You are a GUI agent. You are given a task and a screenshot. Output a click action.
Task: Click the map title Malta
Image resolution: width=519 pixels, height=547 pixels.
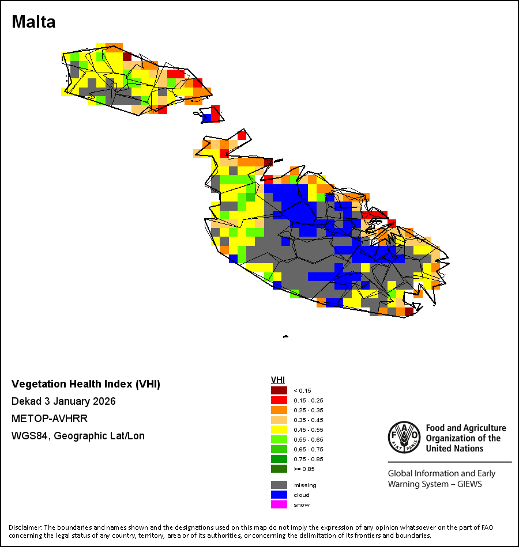coord(33,22)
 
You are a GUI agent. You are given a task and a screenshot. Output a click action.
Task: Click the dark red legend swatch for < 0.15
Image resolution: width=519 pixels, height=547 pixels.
coord(279,390)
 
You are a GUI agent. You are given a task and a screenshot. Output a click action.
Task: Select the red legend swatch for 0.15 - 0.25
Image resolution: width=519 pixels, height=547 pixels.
coord(279,400)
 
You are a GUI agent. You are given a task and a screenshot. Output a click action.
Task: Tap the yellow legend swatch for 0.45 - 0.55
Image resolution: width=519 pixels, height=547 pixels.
coord(279,430)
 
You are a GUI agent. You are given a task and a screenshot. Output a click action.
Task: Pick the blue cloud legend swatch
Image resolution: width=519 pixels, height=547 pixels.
coord(279,495)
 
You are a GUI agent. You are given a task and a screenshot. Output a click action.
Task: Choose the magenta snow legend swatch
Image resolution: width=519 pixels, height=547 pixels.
coord(279,504)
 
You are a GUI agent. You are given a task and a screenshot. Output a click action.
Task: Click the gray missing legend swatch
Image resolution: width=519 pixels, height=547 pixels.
coord(279,485)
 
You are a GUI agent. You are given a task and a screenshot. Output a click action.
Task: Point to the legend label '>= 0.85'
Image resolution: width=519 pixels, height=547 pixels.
coord(304,469)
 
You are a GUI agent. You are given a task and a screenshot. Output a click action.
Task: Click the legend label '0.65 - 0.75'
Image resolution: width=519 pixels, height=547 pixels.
coord(309,449)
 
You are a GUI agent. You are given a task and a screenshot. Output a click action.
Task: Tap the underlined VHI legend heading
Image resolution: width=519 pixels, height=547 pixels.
coord(278,380)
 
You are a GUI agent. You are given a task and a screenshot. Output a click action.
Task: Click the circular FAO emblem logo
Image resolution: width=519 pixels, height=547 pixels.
coord(404,437)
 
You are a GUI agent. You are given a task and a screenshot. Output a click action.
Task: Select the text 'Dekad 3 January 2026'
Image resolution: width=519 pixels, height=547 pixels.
coord(63,401)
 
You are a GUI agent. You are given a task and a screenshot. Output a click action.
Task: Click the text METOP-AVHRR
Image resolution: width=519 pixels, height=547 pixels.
coord(50,418)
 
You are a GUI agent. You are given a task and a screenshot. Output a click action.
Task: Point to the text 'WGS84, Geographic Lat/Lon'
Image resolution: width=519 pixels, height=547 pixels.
coord(78,436)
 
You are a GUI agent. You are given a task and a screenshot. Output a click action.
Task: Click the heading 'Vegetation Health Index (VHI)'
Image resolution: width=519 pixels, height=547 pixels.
coord(86,384)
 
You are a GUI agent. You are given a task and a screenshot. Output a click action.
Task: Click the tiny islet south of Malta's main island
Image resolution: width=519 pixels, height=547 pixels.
coord(285,337)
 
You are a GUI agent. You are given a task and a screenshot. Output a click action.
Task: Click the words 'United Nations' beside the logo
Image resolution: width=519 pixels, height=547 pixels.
coord(454,449)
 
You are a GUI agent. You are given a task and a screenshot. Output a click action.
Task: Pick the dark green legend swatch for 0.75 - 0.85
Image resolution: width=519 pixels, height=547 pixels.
coord(279,459)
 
